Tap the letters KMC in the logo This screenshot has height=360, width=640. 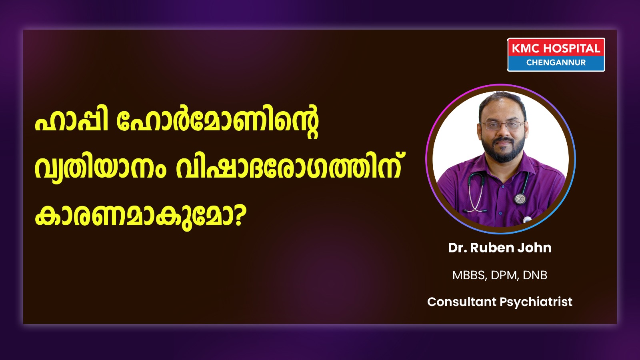pos(526,48)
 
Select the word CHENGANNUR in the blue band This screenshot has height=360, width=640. pos(556,62)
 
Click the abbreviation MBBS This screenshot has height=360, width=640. pos(469,275)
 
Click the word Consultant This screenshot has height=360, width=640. pos(462,302)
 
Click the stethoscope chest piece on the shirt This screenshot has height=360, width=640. pos(520,198)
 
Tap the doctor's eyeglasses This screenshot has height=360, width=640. pos(503,126)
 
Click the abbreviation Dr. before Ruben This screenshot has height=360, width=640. pos(458,248)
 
